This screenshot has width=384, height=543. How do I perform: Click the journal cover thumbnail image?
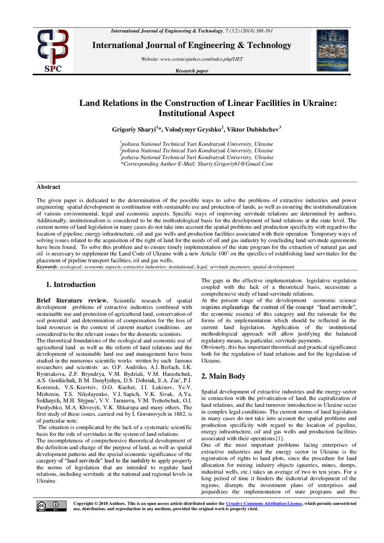(x=332, y=50)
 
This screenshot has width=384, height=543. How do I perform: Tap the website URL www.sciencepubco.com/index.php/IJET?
(x=191, y=59)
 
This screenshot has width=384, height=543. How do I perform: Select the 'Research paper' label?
(x=191, y=71)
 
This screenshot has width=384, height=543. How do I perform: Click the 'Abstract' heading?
(x=48, y=187)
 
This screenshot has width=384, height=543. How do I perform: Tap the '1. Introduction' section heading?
(x=71, y=284)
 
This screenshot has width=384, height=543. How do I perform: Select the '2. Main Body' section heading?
(x=223, y=376)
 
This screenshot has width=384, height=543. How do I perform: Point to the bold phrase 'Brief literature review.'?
(x=72, y=301)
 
